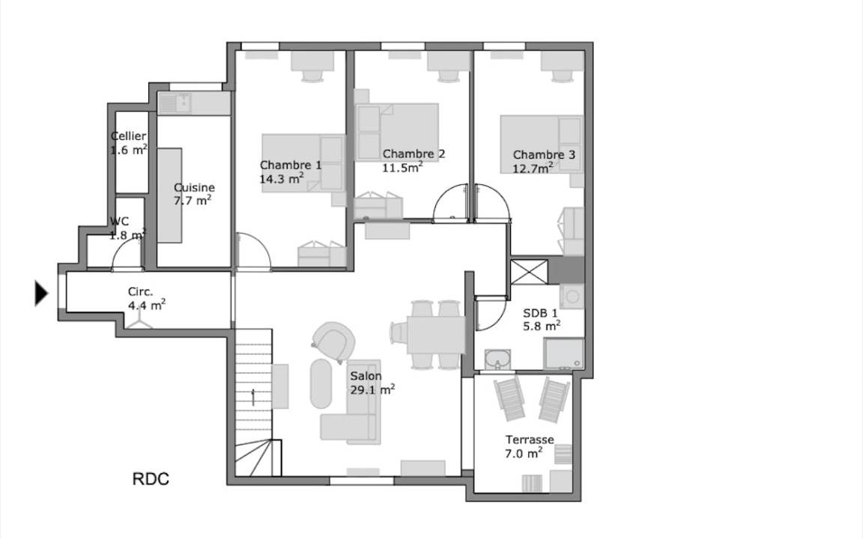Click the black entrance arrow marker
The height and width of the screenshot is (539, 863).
(x=41, y=293)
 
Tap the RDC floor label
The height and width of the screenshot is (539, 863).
(x=151, y=479)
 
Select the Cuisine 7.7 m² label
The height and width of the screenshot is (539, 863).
(x=194, y=194)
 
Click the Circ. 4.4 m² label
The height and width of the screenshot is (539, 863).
(x=146, y=298)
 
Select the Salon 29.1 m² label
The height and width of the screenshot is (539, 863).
(x=372, y=383)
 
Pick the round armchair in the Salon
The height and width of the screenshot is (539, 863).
(x=333, y=342)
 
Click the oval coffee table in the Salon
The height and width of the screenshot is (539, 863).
(x=321, y=384)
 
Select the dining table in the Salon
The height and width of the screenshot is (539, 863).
(x=436, y=335)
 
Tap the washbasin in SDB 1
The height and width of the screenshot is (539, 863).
(x=497, y=359)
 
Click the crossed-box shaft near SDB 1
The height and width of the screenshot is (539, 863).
(x=529, y=272)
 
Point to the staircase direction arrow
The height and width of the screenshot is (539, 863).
(x=253, y=397)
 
